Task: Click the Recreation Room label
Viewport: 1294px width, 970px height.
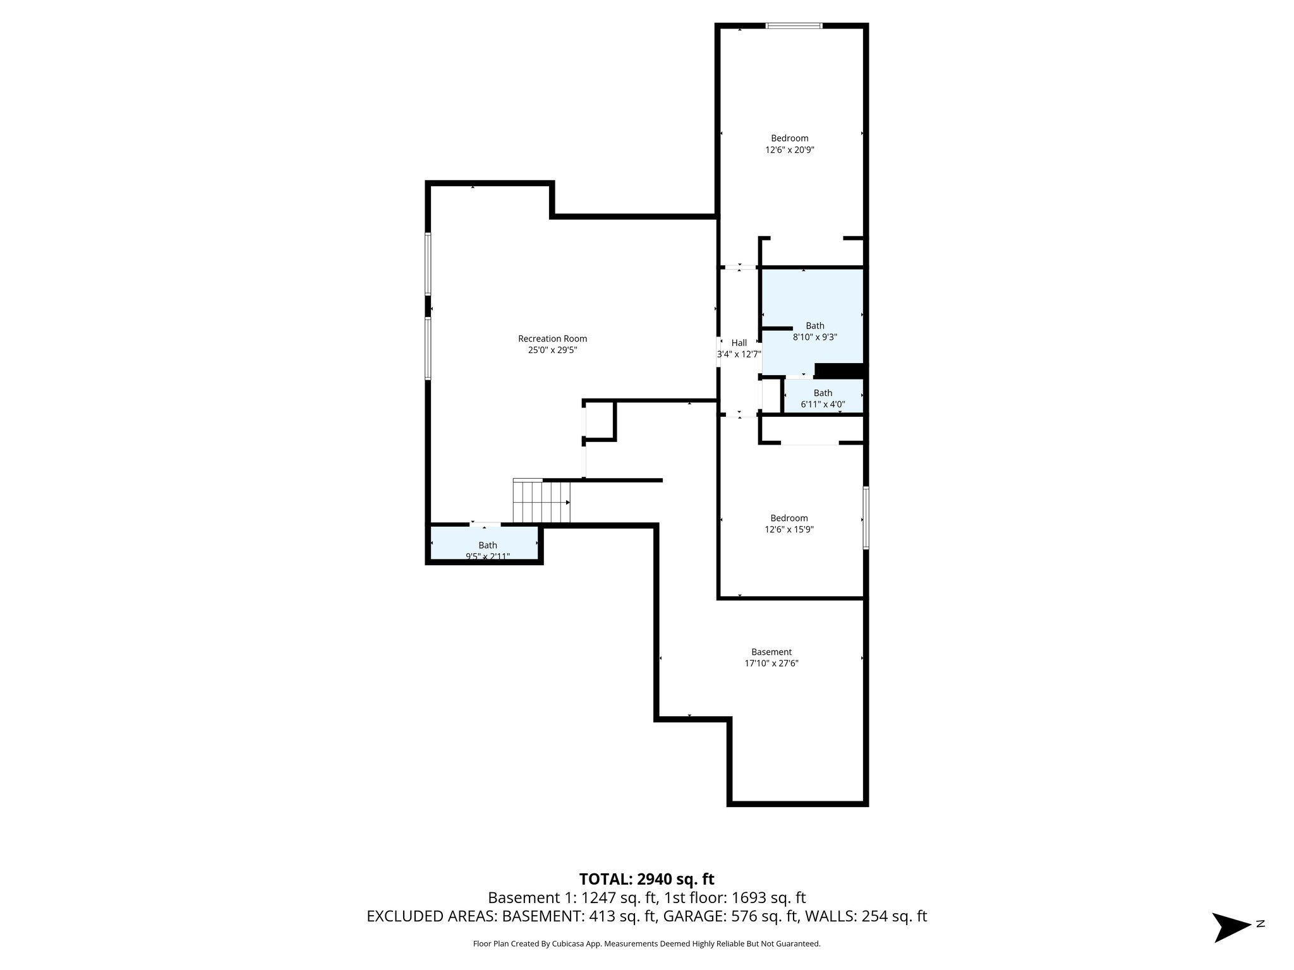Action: pyautogui.click(x=552, y=339)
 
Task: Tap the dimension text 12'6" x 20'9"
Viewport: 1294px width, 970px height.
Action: pyautogui.click(x=789, y=150)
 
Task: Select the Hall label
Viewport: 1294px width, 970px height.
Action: pyautogui.click(x=739, y=343)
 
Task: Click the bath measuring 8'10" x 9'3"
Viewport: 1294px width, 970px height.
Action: pyautogui.click(x=814, y=326)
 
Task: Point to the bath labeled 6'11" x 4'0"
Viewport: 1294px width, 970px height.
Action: pyautogui.click(x=823, y=393)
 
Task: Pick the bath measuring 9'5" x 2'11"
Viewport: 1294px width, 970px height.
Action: pyautogui.click(x=487, y=546)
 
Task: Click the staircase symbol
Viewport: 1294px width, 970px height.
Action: pyautogui.click(x=541, y=502)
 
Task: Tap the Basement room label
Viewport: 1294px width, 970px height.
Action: pyautogui.click(x=771, y=652)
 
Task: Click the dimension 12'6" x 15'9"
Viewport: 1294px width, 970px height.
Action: pyautogui.click(x=789, y=530)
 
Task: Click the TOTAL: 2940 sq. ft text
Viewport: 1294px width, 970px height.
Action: pyautogui.click(x=646, y=878)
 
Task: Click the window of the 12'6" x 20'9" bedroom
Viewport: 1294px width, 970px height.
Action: pyautogui.click(x=794, y=26)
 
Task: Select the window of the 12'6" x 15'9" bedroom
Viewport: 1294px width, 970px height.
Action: pyautogui.click(x=866, y=517)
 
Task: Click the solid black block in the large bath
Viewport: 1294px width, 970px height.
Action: pyautogui.click(x=838, y=371)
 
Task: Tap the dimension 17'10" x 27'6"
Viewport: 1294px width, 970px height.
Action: pyautogui.click(x=771, y=664)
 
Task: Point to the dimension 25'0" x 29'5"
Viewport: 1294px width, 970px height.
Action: pyautogui.click(x=552, y=350)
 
